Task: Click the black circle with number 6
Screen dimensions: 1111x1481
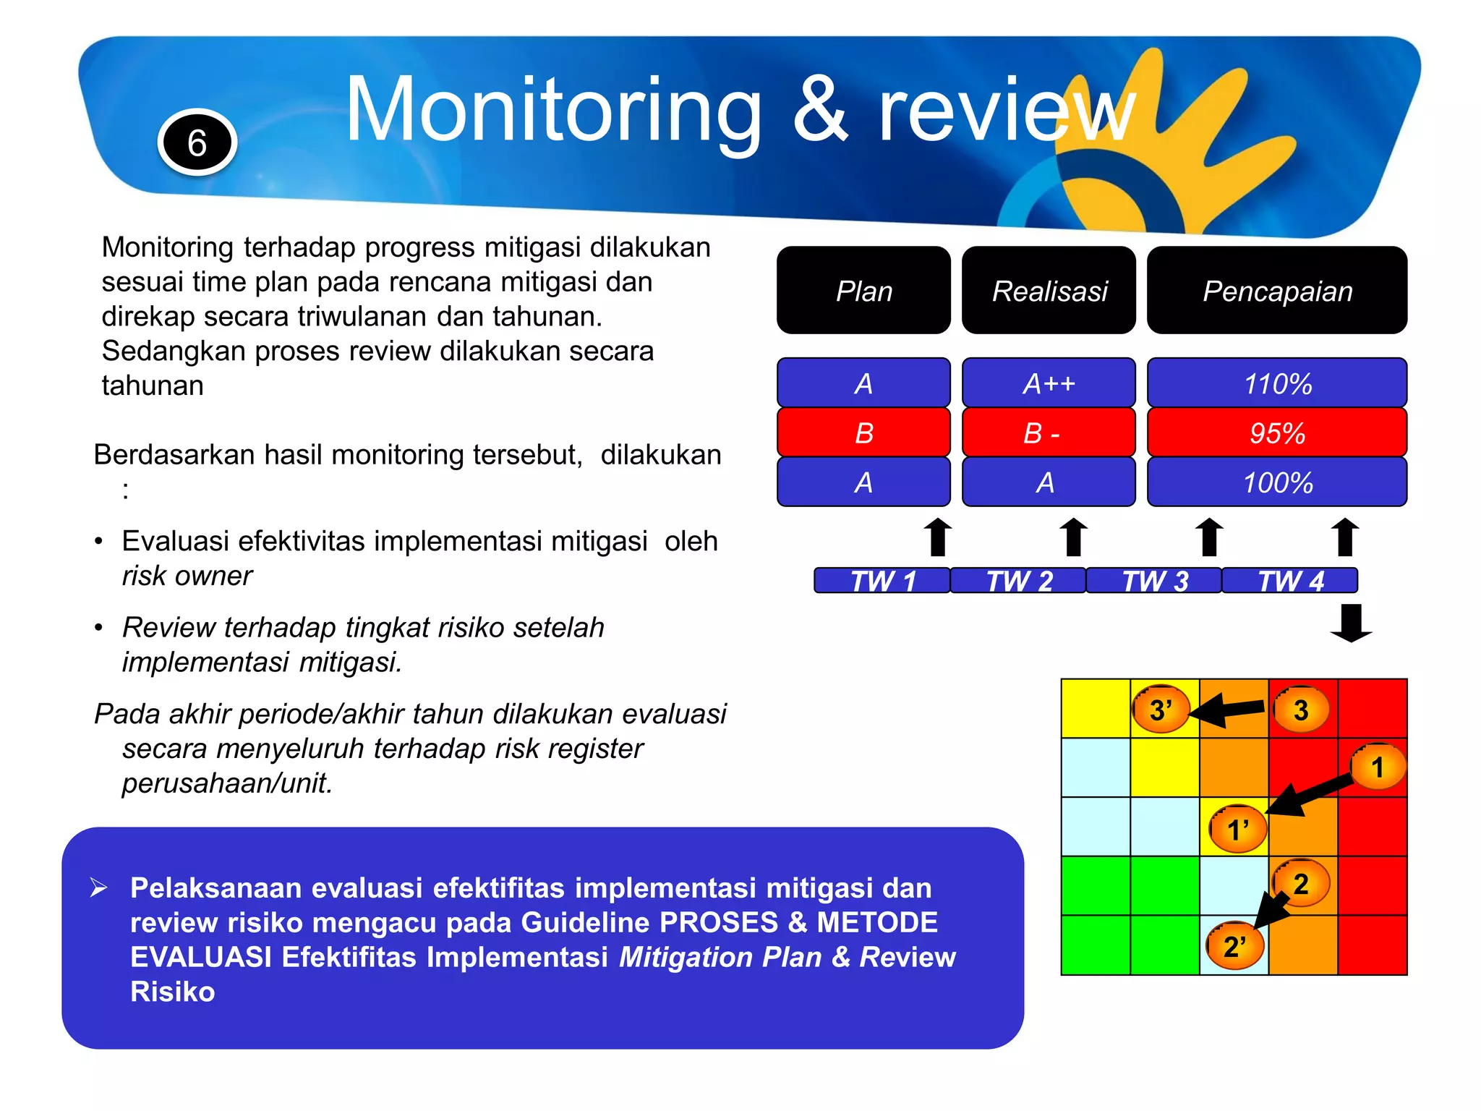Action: [197, 142]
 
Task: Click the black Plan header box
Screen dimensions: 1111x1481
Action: [863, 291]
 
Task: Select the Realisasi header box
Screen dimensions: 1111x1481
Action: [1049, 291]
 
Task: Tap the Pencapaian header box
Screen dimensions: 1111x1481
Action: [1277, 291]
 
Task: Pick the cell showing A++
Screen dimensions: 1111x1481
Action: [1049, 383]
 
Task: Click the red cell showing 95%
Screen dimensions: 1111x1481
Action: [1277, 433]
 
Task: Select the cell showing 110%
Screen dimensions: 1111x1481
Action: [1277, 383]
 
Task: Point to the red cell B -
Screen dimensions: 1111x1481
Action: [1049, 433]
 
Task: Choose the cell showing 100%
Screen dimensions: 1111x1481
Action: [1277, 482]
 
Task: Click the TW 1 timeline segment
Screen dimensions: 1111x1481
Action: [882, 581]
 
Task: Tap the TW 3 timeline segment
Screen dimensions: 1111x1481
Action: [1154, 581]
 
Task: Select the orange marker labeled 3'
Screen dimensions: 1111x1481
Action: [1161, 710]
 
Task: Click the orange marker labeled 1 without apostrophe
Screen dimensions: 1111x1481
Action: [1378, 767]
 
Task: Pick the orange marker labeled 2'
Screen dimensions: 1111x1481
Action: [1234, 946]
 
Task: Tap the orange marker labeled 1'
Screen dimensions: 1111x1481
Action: [1238, 829]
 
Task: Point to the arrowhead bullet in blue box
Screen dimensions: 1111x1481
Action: [99, 887]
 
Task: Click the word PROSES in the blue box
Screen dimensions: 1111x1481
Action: [718, 922]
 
